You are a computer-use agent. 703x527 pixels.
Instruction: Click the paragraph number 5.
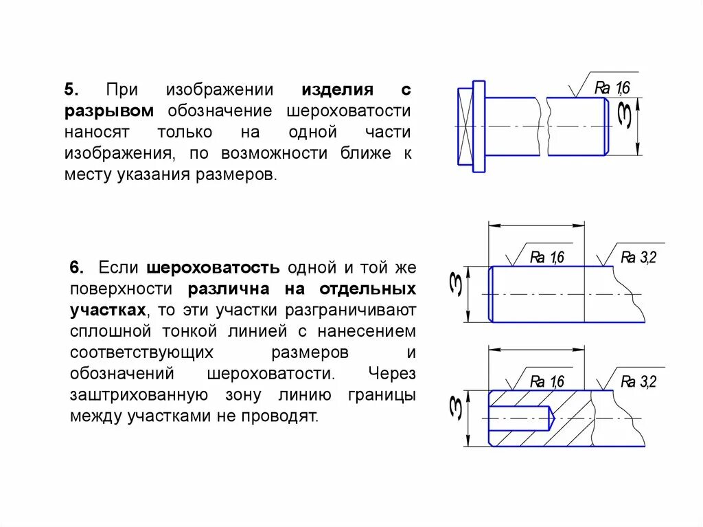point(71,90)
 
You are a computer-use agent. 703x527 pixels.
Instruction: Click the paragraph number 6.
point(77,267)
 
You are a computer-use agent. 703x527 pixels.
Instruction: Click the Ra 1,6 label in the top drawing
point(612,87)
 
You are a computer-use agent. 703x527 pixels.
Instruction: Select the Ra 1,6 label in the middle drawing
point(547,258)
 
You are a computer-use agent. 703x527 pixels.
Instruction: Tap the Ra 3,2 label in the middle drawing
point(638,258)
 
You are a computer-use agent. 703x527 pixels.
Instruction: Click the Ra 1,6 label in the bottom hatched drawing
point(547,382)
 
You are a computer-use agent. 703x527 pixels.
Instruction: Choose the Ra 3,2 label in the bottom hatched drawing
point(638,382)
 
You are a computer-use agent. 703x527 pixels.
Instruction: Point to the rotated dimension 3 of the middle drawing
point(455,283)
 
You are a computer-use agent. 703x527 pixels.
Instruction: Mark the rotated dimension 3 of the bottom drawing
point(455,407)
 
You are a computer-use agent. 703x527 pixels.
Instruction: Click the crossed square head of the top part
point(465,127)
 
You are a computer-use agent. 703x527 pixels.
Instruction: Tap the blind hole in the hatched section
point(522,416)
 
